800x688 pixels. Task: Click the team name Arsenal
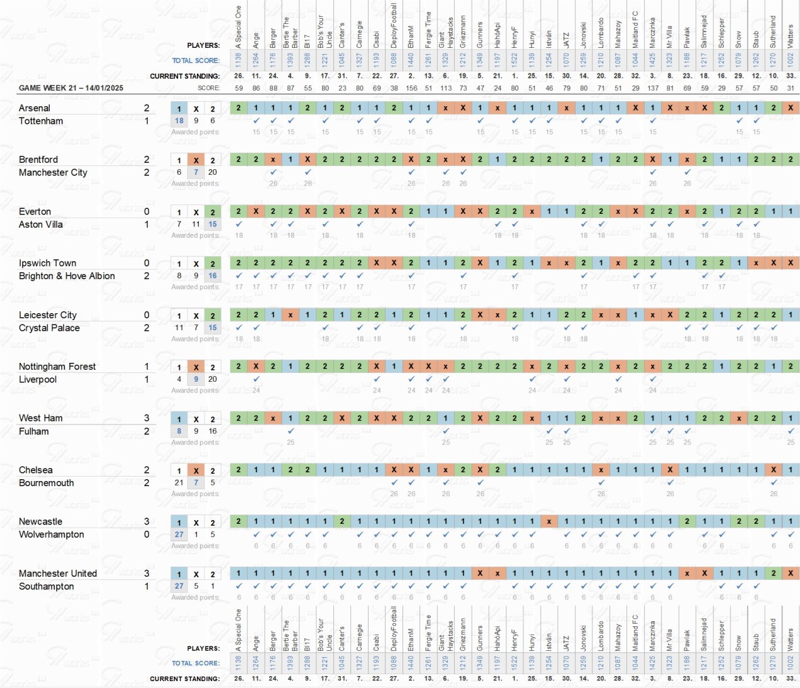click(x=35, y=108)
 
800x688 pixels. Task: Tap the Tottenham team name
click(x=41, y=121)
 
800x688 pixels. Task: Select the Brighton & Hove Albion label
click(x=67, y=276)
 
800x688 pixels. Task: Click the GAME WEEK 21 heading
click(x=71, y=88)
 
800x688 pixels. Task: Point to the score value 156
click(x=411, y=88)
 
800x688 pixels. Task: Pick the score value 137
click(x=653, y=88)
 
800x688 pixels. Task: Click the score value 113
click(x=446, y=88)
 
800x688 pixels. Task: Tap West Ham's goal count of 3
click(x=147, y=418)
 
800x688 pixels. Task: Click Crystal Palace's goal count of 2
click(x=147, y=328)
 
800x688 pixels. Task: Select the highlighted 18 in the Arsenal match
click(x=179, y=121)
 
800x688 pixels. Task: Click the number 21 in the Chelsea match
click(x=179, y=483)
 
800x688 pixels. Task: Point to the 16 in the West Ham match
click(x=213, y=431)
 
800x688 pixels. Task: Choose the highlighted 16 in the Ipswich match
click(x=213, y=276)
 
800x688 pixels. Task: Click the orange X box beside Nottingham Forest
click(x=196, y=367)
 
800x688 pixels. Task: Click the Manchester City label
click(x=53, y=172)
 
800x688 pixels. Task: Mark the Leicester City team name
click(x=48, y=315)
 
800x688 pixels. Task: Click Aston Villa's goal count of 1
click(x=147, y=225)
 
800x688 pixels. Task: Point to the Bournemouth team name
click(x=47, y=483)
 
